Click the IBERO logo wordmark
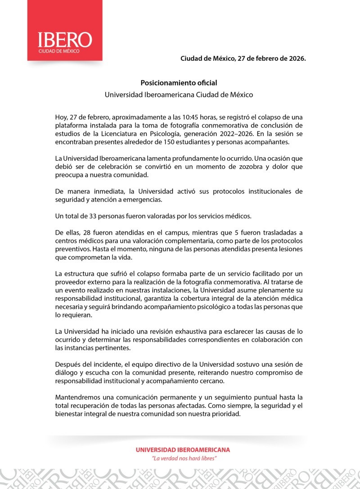tap(64, 40)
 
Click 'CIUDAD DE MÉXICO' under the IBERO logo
tap(58, 51)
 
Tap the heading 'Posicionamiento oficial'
tap(179, 83)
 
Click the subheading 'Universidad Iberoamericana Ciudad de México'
tap(179, 95)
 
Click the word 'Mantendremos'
tap(76, 398)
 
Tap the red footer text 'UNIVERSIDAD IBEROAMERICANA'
tap(183, 450)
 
